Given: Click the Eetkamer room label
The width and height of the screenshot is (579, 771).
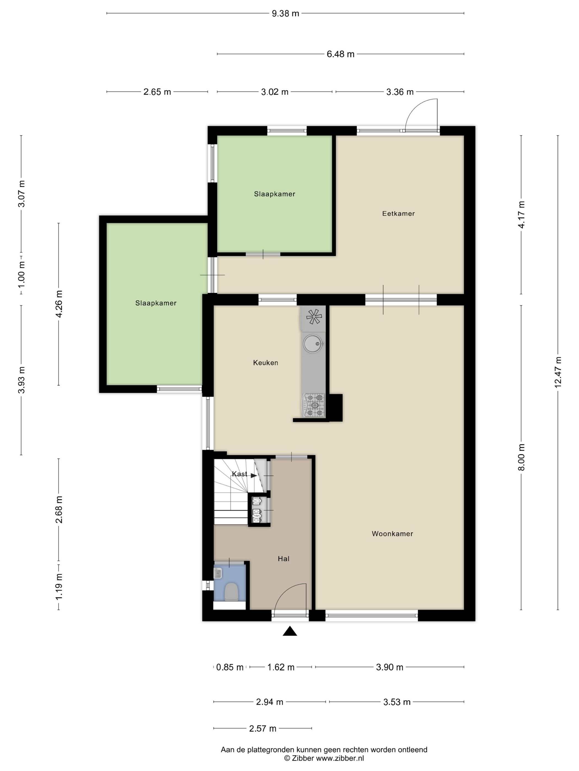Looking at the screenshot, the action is [x=398, y=214].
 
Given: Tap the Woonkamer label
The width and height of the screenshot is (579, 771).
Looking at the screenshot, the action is [x=392, y=534].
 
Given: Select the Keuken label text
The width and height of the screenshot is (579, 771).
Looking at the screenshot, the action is [x=266, y=363].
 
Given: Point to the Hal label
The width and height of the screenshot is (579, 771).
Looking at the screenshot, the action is [x=283, y=559].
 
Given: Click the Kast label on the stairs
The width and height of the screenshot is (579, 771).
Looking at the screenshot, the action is [x=239, y=474].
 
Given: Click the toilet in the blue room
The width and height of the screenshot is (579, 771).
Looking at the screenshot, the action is [x=231, y=592].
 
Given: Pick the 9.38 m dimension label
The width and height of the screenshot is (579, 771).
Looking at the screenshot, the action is [x=285, y=13].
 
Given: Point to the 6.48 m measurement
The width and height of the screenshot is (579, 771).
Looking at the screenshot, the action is [x=340, y=54].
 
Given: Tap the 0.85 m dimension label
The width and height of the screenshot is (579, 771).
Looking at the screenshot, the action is [x=230, y=667].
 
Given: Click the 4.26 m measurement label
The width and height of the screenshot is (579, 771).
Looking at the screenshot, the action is [x=59, y=304].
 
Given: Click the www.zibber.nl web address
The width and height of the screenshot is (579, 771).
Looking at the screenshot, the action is [x=340, y=758].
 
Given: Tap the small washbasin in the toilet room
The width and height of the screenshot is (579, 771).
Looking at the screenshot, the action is [x=218, y=573].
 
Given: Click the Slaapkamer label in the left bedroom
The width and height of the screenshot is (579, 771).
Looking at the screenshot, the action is [x=156, y=303].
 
